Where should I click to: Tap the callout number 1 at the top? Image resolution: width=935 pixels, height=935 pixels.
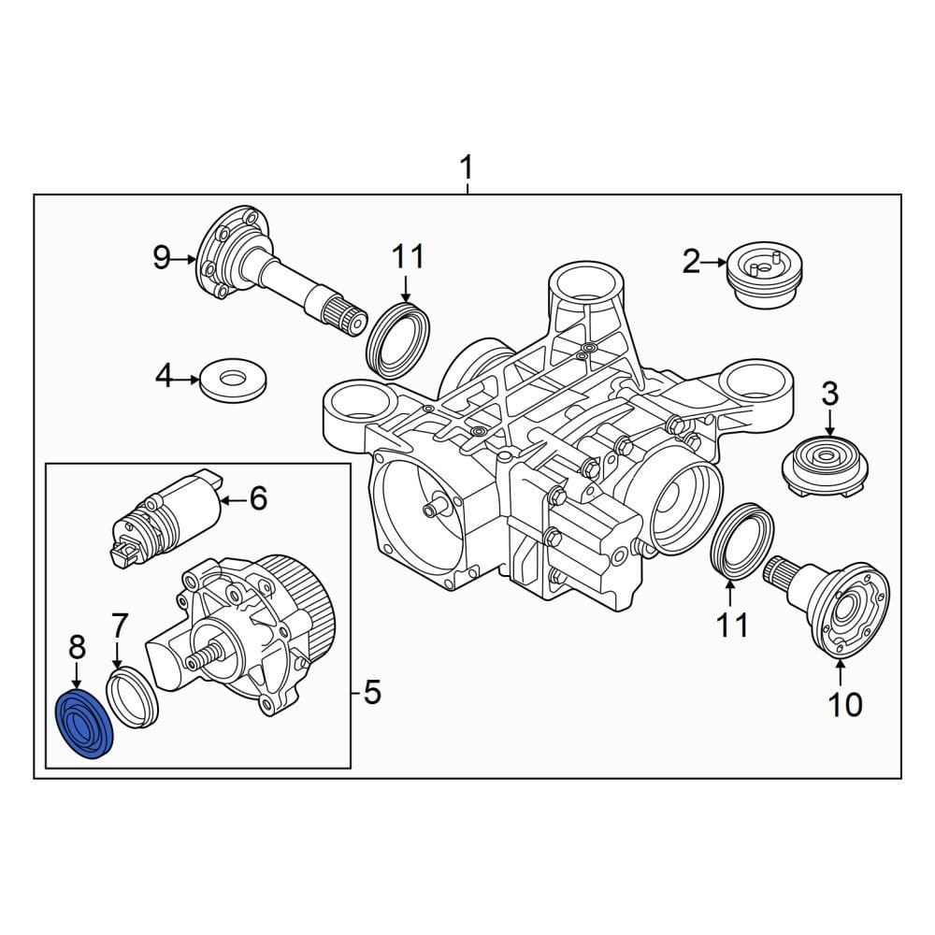click(467, 167)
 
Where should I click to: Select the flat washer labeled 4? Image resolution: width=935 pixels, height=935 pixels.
click(233, 380)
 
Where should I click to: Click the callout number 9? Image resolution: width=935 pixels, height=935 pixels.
click(162, 258)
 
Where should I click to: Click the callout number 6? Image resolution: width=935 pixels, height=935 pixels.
click(258, 498)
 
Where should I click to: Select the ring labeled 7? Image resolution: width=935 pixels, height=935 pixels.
click(133, 698)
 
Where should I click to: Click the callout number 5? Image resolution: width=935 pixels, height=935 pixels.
click(372, 692)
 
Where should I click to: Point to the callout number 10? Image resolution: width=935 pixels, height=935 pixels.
click(845, 704)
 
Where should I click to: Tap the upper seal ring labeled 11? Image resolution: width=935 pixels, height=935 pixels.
click(398, 341)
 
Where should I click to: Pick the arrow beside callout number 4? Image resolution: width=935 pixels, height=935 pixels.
click(188, 380)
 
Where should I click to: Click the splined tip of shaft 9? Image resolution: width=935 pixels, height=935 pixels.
click(347, 317)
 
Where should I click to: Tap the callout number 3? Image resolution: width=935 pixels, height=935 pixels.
click(830, 395)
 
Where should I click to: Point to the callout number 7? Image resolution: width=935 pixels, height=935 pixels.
click(120, 626)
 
